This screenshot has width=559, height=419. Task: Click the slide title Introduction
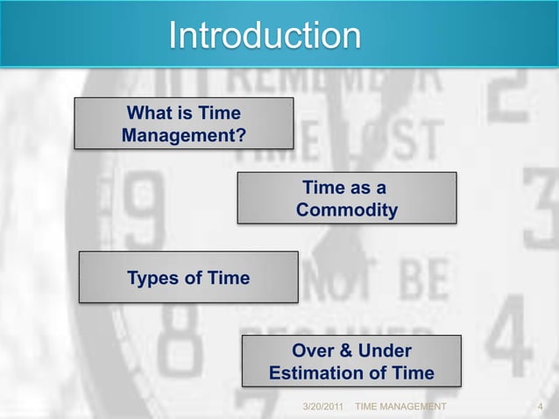click(265, 36)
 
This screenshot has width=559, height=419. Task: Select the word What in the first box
click(145, 113)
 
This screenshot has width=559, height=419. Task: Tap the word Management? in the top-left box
click(183, 136)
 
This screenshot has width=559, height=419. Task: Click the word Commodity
click(346, 210)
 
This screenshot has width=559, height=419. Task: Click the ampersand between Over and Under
click(346, 352)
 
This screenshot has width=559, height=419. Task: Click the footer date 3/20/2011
click(322, 408)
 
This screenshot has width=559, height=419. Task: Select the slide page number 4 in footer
click(540, 408)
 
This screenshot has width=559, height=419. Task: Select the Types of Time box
click(188, 278)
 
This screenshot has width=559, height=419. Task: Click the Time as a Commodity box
click(347, 199)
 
